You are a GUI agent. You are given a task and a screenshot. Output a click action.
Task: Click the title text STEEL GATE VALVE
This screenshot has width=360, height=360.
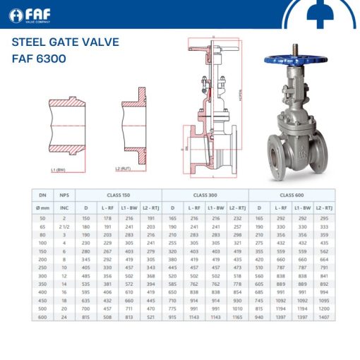65,42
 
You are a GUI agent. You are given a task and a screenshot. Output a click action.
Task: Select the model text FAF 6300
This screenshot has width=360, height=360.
39,58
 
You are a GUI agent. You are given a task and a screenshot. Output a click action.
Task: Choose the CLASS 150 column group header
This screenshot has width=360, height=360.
118,195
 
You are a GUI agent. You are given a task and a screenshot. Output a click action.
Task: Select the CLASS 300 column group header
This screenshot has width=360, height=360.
205,195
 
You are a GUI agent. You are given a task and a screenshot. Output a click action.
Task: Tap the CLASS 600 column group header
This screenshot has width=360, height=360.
292,195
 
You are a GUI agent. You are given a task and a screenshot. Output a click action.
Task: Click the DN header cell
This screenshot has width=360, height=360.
42,195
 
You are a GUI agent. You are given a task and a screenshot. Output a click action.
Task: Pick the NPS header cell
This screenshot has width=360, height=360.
64,195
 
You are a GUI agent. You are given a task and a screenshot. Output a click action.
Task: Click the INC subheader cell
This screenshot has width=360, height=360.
64,208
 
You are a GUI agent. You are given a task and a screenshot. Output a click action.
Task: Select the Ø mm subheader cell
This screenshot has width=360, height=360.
42,208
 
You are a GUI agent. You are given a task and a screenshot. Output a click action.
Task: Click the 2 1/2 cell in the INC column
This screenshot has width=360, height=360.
64,227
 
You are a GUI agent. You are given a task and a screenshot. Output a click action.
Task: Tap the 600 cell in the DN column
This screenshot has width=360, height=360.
42,317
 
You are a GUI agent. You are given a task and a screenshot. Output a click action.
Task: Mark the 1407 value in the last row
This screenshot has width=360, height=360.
324,317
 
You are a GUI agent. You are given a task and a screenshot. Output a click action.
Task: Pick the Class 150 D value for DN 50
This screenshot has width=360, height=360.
86,220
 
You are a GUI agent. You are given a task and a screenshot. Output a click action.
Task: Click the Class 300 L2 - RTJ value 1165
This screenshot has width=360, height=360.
237,317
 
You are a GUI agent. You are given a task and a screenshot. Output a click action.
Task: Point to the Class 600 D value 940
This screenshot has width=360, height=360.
259,317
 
